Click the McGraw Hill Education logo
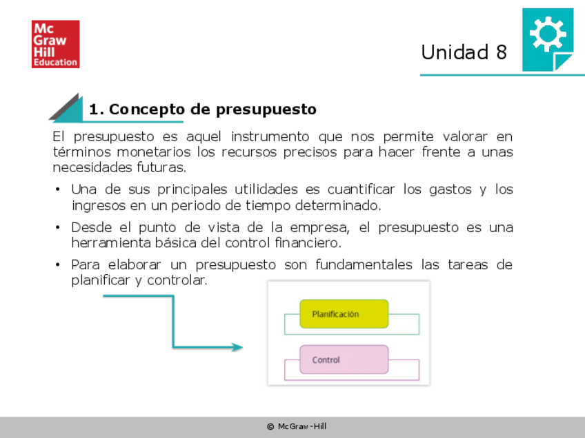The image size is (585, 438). click(x=56, y=44)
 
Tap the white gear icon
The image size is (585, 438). click(x=548, y=34)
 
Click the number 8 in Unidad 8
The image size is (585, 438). click(x=502, y=52)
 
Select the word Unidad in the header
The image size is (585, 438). click(x=455, y=52)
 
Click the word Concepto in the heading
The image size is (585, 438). click(x=147, y=109)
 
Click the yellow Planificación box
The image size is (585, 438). click(x=344, y=314)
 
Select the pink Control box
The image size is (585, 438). click(x=344, y=359)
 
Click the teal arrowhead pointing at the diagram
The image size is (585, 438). click(x=237, y=347)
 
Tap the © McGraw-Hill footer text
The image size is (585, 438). click(x=297, y=426)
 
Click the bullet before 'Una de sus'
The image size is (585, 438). click(x=57, y=189)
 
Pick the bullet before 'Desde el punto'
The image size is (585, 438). click(x=57, y=227)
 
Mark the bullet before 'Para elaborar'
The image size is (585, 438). click(x=57, y=265)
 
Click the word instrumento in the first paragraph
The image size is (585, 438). click(x=270, y=136)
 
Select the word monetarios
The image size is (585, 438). click(x=153, y=152)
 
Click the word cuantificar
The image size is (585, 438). click(x=361, y=189)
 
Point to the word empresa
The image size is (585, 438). click(x=319, y=227)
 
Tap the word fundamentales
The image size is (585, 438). click(x=364, y=265)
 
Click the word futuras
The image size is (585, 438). click(x=161, y=167)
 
